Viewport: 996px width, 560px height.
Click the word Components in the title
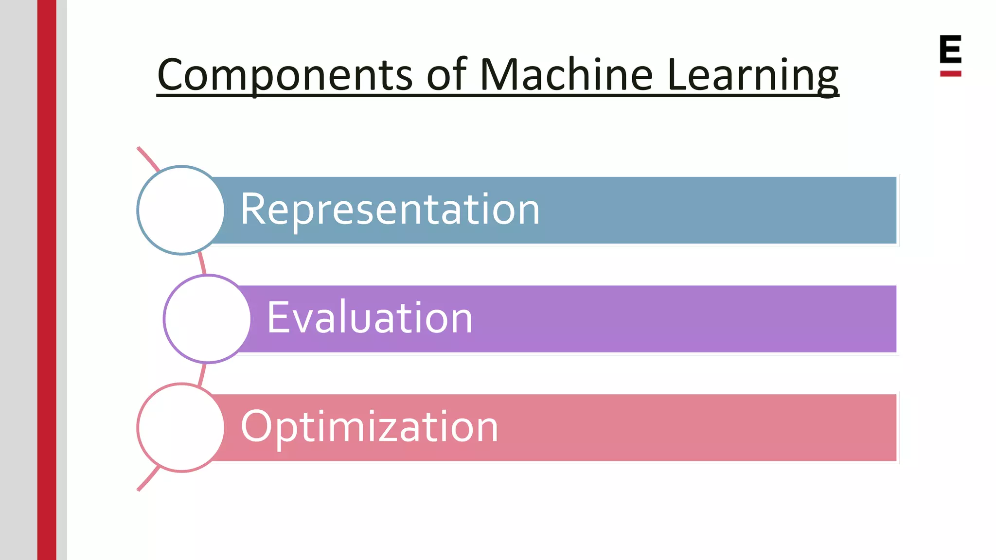click(285, 75)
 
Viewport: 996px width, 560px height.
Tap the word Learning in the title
click(753, 75)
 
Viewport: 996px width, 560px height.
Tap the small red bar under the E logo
click(950, 74)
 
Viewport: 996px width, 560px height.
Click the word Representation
click(390, 210)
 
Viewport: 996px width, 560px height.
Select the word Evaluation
click(370, 318)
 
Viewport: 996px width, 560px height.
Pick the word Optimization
click(370, 427)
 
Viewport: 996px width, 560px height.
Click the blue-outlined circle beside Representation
click(181, 210)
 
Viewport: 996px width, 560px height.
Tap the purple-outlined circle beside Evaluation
click(208, 319)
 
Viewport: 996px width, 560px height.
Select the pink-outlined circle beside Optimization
click(181, 427)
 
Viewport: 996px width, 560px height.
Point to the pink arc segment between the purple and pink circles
click(202, 375)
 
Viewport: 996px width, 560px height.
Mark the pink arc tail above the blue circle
click(148, 158)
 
